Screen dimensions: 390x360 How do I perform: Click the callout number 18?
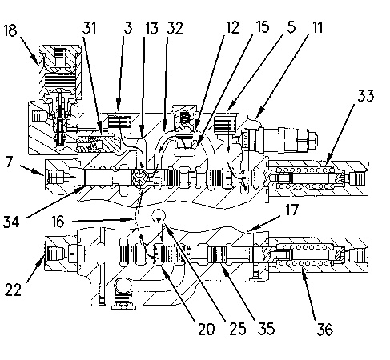[x=10, y=30]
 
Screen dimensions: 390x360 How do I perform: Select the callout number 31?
[x=89, y=28]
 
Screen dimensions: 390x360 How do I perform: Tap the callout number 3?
[x=128, y=28]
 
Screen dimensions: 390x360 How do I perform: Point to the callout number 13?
[x=151, y=28]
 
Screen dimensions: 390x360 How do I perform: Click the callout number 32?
[x=175, y=28]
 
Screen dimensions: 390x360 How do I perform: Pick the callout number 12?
[x=232, y=27]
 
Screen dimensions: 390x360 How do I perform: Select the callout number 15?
[x=263, y=26]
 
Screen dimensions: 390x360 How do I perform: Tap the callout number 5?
[x=291, y=27]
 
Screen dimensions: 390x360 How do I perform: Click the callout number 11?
[x=317, y=27]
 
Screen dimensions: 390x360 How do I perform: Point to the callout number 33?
[x=366, y=95]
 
